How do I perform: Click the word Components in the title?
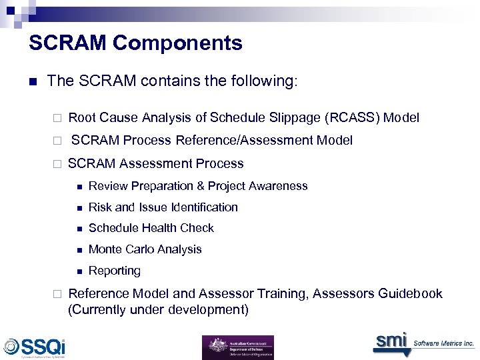pyautogui.click(x=177, y=43)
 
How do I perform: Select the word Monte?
pyautogui.click(x=105, y=249)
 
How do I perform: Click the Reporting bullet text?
pyautogui.click(x=115, y=271)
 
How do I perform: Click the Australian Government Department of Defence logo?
pyautogui.click(x=237, y=347)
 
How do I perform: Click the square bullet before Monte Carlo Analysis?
pyautogui.click(x=79, y=250)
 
